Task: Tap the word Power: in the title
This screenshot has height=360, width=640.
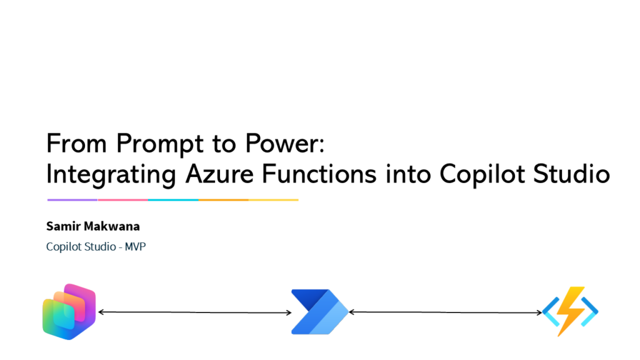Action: coord(284,143)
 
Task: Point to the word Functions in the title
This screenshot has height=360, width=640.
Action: coord(319,174)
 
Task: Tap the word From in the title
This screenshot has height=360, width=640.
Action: coord(76,143)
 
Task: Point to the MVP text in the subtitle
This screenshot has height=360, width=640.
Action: coord(135,246)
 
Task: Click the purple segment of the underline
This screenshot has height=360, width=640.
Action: coord(72,200)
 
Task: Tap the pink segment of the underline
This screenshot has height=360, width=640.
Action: coord(123,200)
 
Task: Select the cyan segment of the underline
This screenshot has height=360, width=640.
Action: coord(173,200)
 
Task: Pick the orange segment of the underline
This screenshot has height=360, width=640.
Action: coord(223,200)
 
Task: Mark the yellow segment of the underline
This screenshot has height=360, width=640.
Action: coord(274,200)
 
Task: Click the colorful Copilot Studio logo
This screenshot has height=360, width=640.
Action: coord(69,312)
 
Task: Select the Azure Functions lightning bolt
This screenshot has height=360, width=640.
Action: coord(570,311)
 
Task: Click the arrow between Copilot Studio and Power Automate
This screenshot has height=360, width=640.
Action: coord(195,312)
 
